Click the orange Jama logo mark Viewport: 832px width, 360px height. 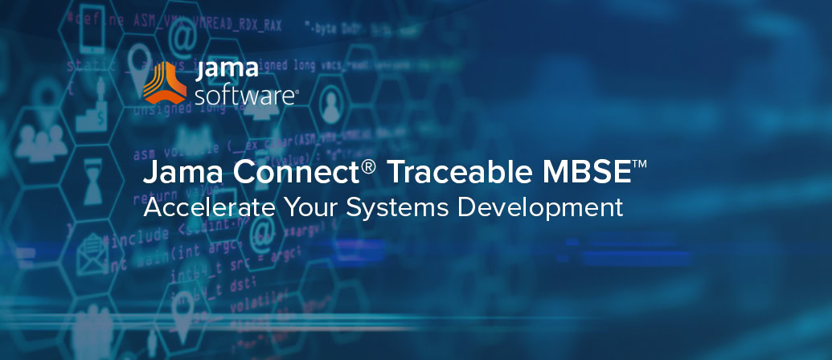click(x=164, y=83)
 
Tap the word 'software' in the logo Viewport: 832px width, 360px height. click(x=246, y=97)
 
